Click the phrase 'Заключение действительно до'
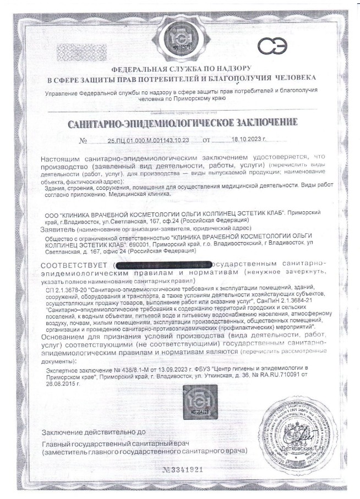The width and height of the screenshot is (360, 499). point(94,432)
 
